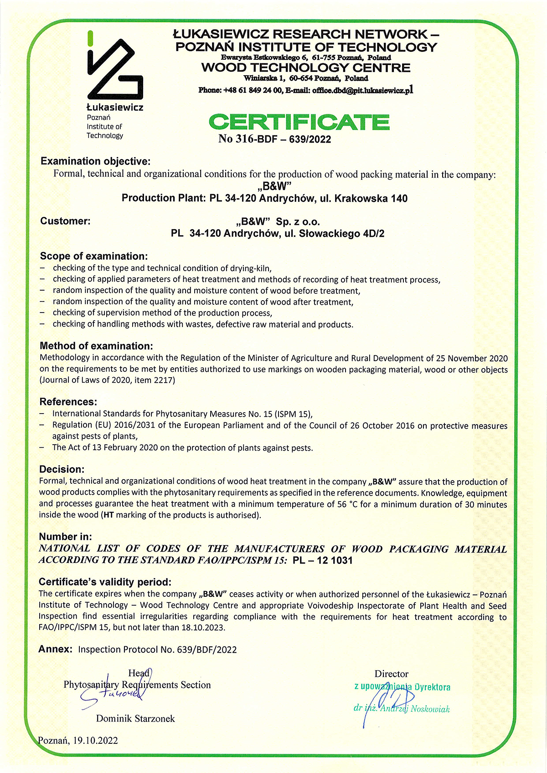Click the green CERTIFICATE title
tap(299, 122)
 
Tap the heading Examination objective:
tap(95, 161)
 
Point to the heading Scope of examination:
tap(94, 256)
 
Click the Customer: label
tap(65, 221)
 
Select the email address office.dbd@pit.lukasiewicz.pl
tap(362, 90)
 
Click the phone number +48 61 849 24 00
tap(253, 90)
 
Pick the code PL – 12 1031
tap(323, 560)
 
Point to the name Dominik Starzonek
tap(135, 718)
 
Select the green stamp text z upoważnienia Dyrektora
tap(402, 687)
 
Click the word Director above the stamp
tap(391, 674)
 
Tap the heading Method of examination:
tap(96, 346)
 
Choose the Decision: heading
tap(62, 469)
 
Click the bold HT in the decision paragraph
tap(108, 515)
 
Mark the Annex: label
tap(55, 649)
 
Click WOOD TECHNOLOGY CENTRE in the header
tap(305, 68)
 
